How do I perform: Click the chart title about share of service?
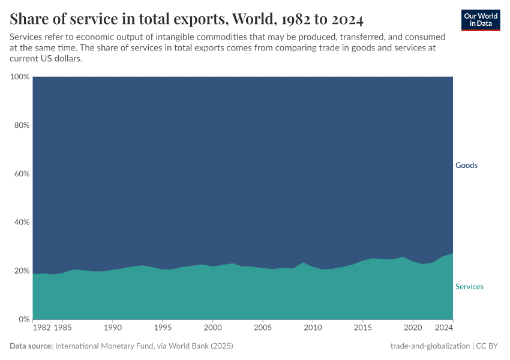(x=187, y=19)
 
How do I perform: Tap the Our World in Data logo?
(x=481, y=20)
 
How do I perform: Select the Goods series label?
(x=466, y=165)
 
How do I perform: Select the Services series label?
(x=469, y=287)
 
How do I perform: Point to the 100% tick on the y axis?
(x=20, y=77)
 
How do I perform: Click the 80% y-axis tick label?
(x=22, y=125)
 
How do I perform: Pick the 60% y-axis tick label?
(x=22, y=174)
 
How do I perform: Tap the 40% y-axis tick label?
(x=22, y=223)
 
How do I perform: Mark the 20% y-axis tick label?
(x=22, y=271)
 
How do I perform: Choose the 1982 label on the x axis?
(x=42, y=328)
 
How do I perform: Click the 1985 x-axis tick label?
(x=63, y=328)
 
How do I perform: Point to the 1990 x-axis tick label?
(x=113, y=328)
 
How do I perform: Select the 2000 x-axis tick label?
(x=212, y=328)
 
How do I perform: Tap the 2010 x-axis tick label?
(x=313, y=328)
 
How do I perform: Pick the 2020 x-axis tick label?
(x=412, y=328)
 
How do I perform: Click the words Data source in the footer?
(x=31, y=346)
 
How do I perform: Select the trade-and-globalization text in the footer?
(x=430, y=346)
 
